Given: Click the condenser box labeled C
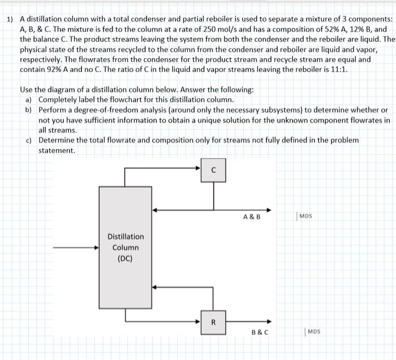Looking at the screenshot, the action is click(x=213, y=169).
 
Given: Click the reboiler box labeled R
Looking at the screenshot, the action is click(x=213, y=323).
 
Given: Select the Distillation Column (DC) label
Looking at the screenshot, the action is click(x=126, y=248).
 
